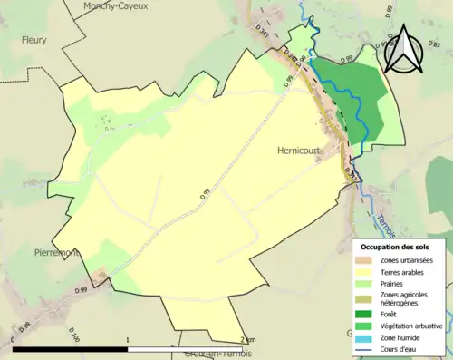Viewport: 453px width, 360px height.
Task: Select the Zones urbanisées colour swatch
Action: tap(364, 261)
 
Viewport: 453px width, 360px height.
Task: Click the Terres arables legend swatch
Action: tap(364, 273)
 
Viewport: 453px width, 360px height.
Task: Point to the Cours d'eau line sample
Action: tap(364, 349)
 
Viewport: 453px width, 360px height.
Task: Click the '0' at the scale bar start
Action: tap(13, 340)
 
